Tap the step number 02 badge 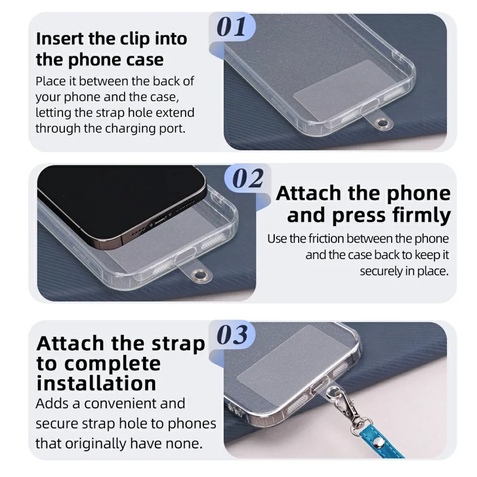click(x=246, y=178)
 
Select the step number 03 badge click(x=233, y=335)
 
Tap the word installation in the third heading click(x=96, y=383)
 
